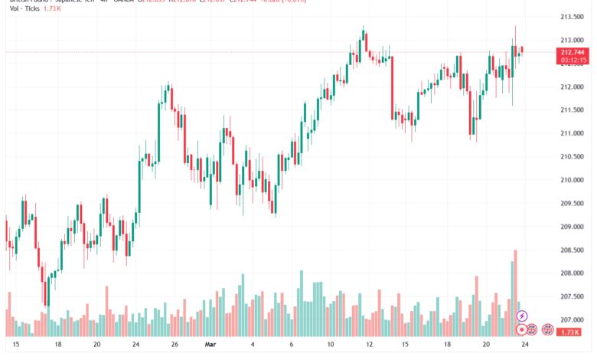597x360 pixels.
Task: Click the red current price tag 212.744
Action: (573, 51)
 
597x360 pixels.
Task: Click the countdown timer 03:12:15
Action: (573, 59)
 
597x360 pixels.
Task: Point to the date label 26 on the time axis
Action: (175, 345)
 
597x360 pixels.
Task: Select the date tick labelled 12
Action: (370, 345)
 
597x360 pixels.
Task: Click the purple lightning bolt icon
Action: (523, 316)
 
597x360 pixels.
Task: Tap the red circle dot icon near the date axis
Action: (523, 329)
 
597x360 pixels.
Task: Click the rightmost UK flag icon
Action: (548, 329)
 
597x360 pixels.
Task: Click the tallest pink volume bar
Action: (516, 293)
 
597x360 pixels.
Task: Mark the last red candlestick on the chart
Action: (522, 51)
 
